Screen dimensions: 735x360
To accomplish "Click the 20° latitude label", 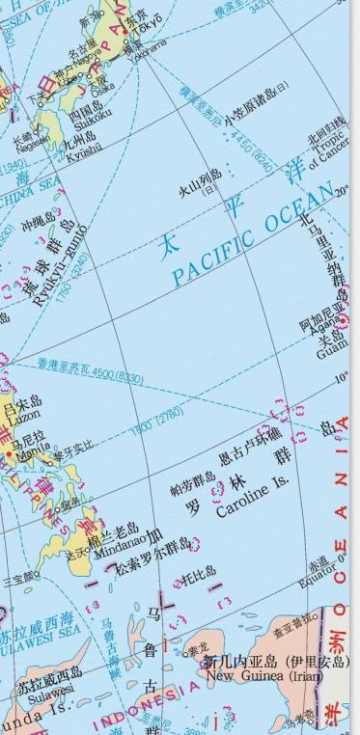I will [342, 191].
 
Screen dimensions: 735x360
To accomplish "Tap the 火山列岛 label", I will [201, 180].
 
